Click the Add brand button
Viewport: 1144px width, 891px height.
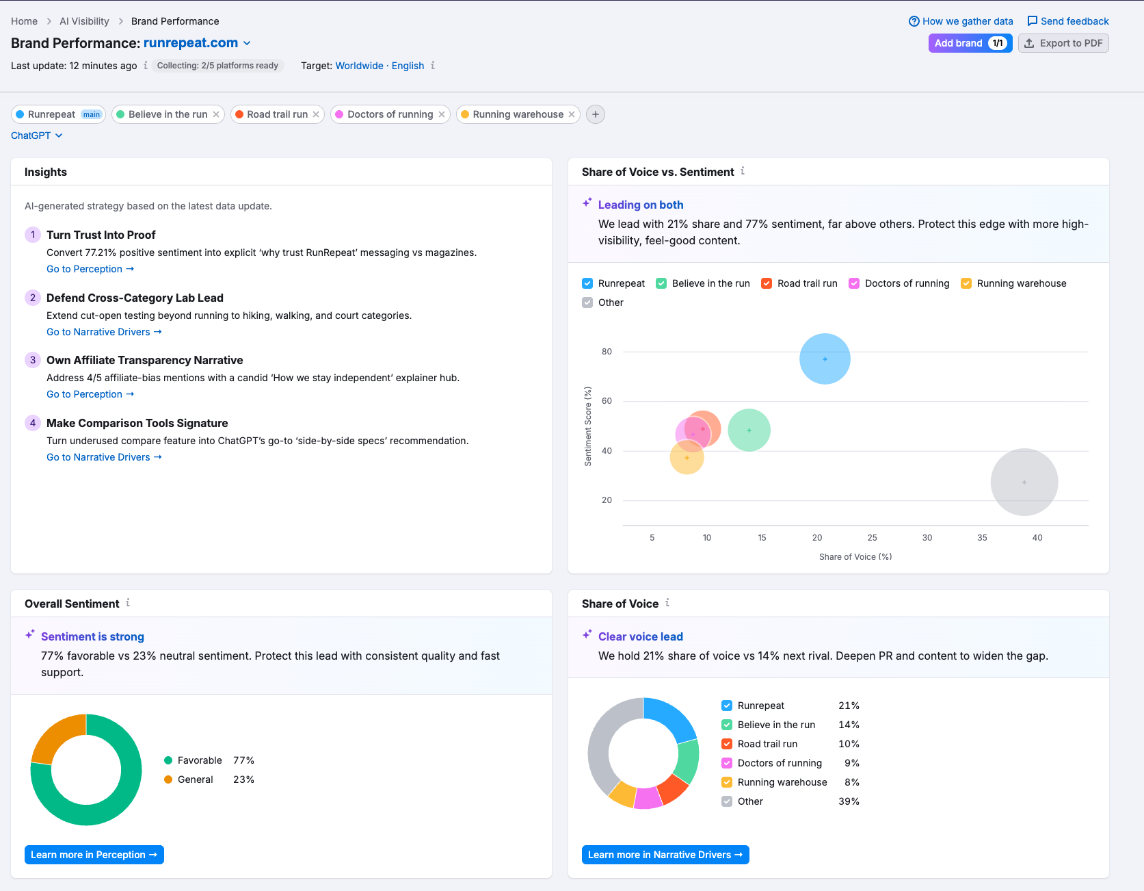(959, 43)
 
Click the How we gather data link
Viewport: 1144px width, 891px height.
(961, 21)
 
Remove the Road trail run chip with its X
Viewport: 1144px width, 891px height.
(316, 114)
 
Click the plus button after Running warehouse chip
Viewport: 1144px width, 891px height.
(596, 114)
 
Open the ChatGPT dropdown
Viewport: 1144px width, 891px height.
(37, 135)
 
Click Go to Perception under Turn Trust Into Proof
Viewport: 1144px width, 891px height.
(90, 269)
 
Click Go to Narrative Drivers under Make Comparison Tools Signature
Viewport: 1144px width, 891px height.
(103, 457)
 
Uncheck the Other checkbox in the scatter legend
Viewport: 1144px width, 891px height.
(587, 302)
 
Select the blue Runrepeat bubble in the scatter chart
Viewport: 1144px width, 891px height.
(825, 359)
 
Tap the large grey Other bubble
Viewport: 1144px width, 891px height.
(1024, 482)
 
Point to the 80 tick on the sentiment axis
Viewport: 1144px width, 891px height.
(607, 352)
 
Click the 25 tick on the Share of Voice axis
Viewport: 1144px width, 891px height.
(872, 538)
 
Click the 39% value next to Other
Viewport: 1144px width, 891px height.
(849, 801)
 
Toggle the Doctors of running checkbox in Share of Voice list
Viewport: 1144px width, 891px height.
(727, 763)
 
